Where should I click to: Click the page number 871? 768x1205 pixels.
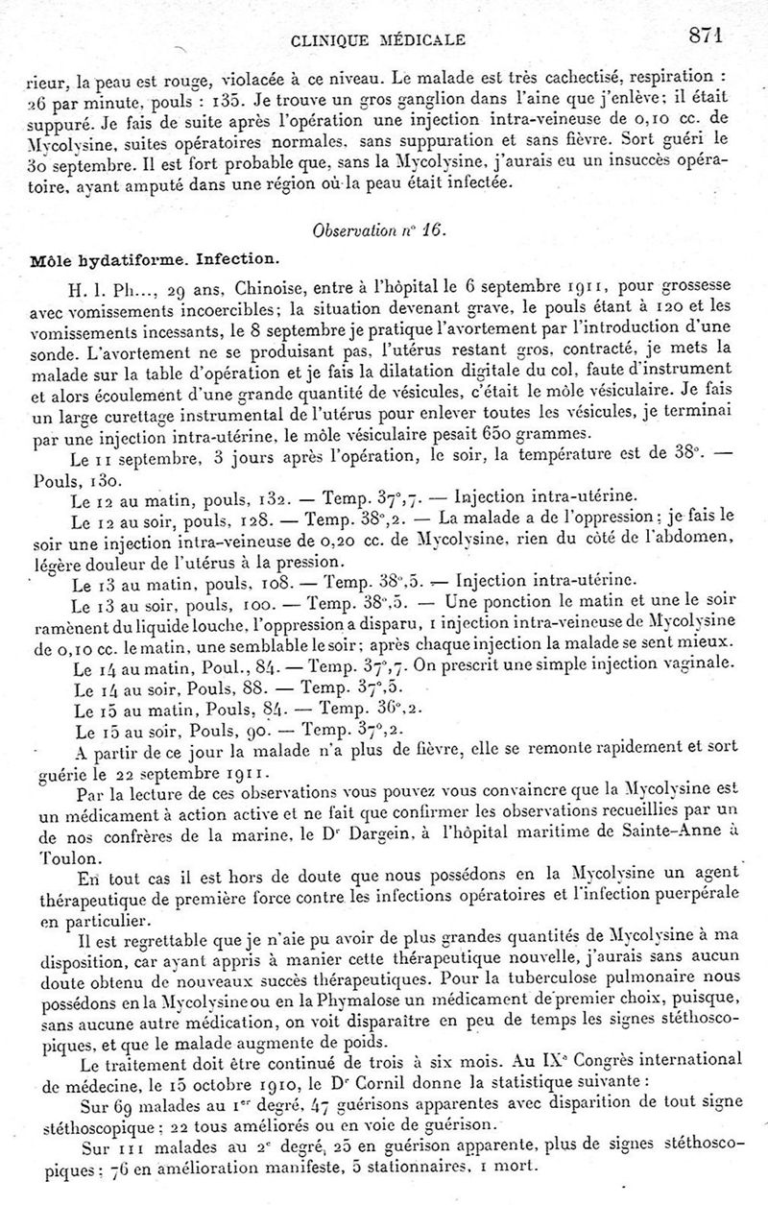tap(705, 35)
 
